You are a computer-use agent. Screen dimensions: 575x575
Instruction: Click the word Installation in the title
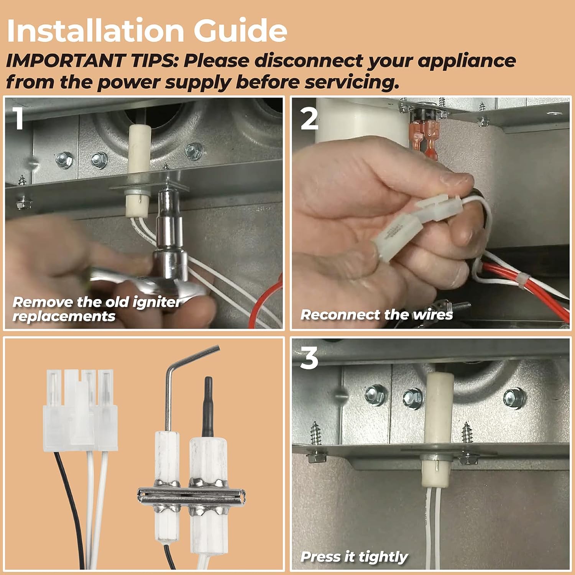[x=95, y=30]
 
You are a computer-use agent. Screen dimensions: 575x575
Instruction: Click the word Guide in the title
[x=240, y=30]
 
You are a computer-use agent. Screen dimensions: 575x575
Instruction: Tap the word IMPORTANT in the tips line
[x=66, y=61]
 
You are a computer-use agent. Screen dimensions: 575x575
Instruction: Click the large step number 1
[x=18, y=118]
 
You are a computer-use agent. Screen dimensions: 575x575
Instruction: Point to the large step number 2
[x=310, y=118]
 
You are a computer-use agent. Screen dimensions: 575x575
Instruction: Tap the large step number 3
[x=309, y=358]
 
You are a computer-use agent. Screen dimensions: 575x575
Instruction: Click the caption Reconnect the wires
[x=377, y=315]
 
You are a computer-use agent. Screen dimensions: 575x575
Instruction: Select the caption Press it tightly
[x=354, y=557]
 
